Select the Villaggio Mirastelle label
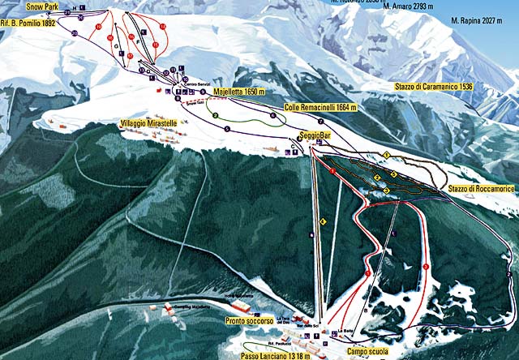[x=148, y=122]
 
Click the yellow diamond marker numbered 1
[x=388, y=153]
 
